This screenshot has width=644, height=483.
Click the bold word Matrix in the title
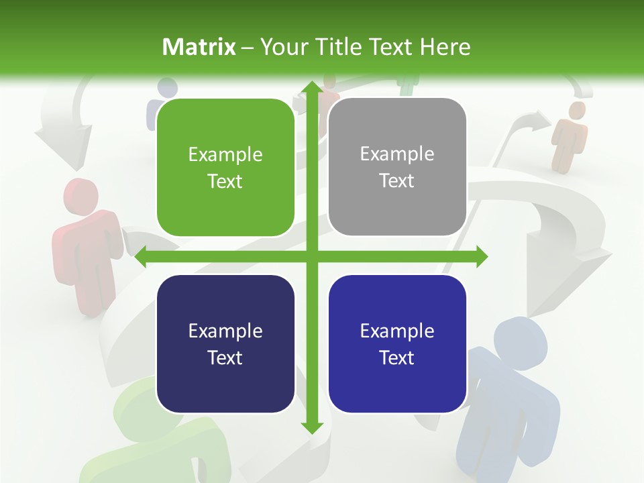coord(199,47)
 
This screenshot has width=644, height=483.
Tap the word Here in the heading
coord(445,47)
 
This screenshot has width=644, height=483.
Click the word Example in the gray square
coord(397,154)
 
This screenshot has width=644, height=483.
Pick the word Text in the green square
coord(225,182)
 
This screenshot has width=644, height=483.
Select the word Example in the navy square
coord(225,331)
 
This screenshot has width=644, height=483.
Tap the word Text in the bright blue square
coord(396,358)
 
